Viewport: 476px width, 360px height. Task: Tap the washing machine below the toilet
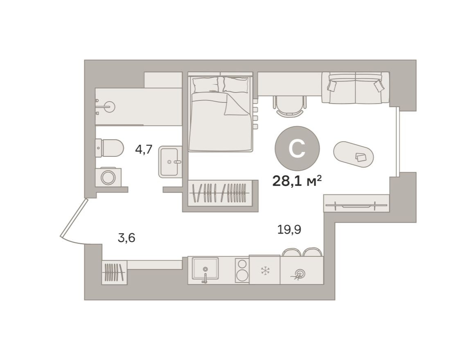tap(108, 177)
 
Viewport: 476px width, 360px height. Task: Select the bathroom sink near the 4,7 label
tap(170, 162)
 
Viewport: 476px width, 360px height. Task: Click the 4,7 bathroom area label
tap(144, 149)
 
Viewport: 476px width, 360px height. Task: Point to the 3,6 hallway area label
tap(126, 238)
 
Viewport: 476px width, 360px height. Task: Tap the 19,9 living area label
tap(289, 230)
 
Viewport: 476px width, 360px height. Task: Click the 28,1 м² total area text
tap(297, 180)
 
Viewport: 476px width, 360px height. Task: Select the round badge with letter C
tap(297, 148)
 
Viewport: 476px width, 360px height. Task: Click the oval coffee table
tap(353, 155)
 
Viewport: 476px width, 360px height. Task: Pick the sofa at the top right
tap(355, 88)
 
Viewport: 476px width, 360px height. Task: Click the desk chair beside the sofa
tap(290, 105)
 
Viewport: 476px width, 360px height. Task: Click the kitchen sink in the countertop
tap(205, 269)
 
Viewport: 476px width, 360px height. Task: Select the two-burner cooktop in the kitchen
tap(242, 270)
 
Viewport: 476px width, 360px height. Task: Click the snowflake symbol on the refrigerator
tap(265, 270)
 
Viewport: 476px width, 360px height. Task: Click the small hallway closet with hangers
tap(114, 272)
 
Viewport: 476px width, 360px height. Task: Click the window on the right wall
tap(397, 141)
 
